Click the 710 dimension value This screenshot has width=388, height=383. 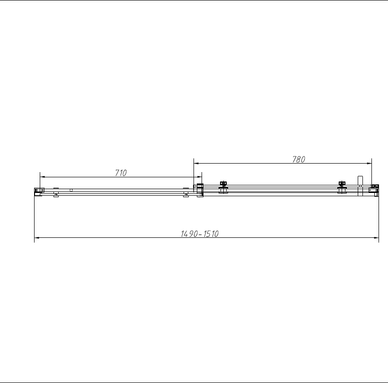point(121,173)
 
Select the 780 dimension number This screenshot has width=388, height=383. point(299,159)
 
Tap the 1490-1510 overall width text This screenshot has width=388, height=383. point(199,234)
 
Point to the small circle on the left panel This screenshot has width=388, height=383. point(71,190)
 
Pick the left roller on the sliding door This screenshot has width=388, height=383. point(223,187)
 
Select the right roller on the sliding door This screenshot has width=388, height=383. point(342,187)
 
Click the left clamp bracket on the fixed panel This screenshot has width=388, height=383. point(55,191)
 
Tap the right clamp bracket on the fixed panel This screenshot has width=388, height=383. point(185,191)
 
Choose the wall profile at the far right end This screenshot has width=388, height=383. point(374,190)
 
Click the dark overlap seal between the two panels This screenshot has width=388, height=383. point(200,191)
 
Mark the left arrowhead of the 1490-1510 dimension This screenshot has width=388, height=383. point(37,238)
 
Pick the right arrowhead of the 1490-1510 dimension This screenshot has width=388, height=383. point(377,238)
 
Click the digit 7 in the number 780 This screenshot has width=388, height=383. point(293,159)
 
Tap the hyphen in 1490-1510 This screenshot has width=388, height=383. point(200,234)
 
